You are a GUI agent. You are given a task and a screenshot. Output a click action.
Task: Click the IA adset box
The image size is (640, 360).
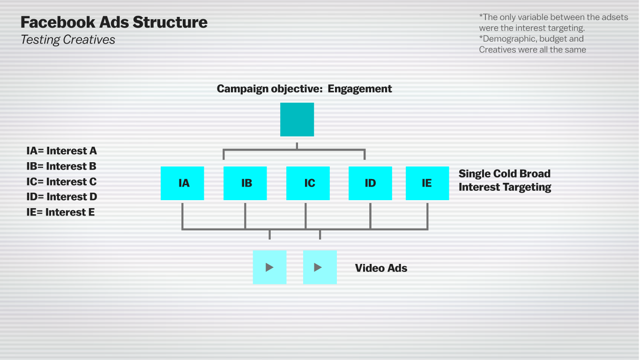pos(182,183)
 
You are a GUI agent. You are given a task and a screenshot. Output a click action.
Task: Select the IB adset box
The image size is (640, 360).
pos(245,183)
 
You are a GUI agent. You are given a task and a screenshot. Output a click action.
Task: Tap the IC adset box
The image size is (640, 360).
pos(308,183)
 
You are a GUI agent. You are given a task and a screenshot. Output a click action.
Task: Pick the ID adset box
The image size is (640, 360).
pos(370,183)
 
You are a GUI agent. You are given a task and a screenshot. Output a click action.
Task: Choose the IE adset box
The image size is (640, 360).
pos(427,183)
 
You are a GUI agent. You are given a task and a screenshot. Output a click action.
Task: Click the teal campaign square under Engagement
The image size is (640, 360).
pos(297,120)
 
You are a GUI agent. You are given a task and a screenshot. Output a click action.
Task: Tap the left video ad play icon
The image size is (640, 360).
pos(269,267)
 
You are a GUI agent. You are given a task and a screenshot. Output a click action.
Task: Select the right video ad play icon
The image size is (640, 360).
pos(320,267)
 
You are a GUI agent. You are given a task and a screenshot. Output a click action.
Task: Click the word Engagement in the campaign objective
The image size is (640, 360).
pos(360,89)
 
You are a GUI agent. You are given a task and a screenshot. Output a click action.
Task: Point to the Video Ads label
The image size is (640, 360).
pos(381,268)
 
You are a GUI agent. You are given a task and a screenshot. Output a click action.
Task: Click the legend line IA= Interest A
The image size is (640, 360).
pos(62,151)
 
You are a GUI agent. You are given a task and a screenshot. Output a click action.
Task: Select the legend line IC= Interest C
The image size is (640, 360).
pos(62,181)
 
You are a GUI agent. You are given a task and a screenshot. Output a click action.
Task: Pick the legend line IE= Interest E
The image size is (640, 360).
pos(61,212)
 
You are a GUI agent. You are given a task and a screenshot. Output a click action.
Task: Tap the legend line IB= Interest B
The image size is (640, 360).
pos(62,166)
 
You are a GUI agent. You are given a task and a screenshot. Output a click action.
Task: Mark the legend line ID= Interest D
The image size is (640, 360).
pos(62,197)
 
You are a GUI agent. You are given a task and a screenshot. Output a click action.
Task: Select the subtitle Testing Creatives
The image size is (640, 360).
pos(68,40)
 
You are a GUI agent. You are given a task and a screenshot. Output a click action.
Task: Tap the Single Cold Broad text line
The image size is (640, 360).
pos(504,173)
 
